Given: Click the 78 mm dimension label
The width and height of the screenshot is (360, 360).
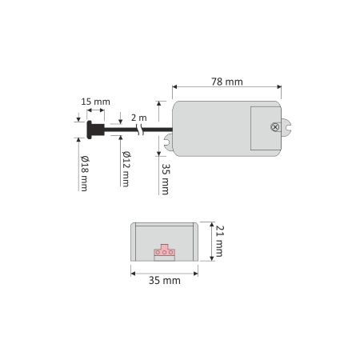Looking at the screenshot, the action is [x=227, y=82].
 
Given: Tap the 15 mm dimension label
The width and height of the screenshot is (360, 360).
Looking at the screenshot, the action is [x=95, y=102].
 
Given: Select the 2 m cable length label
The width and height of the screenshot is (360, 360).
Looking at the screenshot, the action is [x=138, y=118].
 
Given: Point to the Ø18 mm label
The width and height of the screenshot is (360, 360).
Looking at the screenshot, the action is [x=85, y=174].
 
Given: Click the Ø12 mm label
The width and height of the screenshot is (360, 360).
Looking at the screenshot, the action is [x=126, y=169].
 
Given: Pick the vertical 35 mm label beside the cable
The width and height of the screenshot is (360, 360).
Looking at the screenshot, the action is [x=166, y=179].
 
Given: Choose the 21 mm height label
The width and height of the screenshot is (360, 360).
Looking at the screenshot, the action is [x=219, y=242].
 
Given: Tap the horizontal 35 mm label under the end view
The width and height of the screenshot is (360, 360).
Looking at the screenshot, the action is [x=165, y=281].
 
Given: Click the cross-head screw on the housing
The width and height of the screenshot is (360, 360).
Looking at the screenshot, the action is [x=274, y=127].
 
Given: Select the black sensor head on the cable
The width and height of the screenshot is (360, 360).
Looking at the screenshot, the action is [x=95, y=130].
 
